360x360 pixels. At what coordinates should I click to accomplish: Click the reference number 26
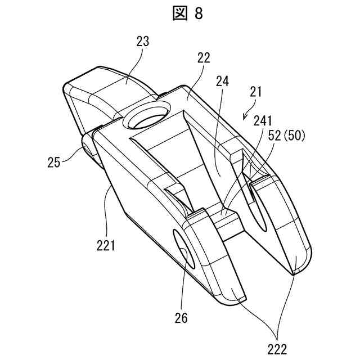pos(182,318)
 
